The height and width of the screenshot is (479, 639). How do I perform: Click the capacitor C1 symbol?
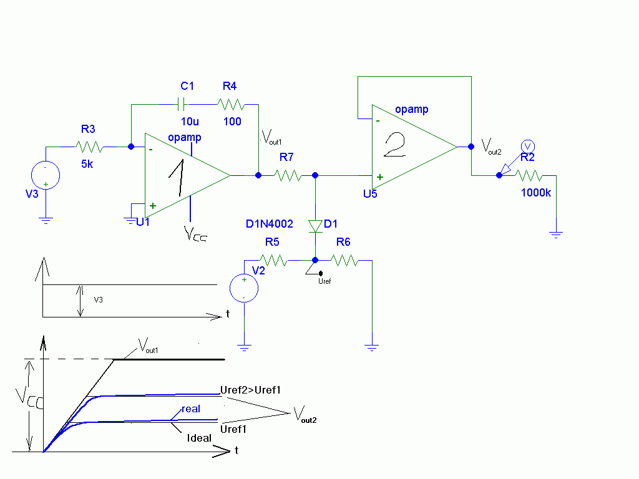click(182, 104)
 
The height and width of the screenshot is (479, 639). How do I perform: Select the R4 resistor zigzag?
click(231, 105)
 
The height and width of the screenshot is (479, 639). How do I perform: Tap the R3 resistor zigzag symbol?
click(89, 147)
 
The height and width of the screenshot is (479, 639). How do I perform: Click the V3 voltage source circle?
click(46, 175)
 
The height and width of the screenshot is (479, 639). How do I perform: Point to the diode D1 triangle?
click(315, 226)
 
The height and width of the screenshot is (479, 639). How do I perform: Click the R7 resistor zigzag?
click(288, 175)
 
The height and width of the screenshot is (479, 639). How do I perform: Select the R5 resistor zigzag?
click(273, 260)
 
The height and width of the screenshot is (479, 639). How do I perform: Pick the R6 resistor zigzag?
click(344, 260)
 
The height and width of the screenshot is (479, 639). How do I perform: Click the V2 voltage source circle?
click(244, 288)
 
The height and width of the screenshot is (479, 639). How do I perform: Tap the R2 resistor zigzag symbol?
click(529, 175)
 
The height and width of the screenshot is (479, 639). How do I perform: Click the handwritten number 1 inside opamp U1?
click(177, 178)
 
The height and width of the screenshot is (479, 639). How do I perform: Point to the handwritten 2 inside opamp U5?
click(395, 145)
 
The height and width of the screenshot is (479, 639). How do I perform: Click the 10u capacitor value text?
click(190, 122)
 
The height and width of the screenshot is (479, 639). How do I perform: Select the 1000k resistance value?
click(536, 193)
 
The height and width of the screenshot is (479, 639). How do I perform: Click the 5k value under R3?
click(87, 164)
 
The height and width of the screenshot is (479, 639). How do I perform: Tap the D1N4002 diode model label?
click(270, 224)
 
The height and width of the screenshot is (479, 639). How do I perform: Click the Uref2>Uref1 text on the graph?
click(251, 390)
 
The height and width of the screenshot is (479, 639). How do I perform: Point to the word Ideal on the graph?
click(199, 438)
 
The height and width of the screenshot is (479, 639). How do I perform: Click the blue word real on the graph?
click(191, 409)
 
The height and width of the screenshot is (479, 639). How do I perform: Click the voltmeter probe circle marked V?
click(528, 146)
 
